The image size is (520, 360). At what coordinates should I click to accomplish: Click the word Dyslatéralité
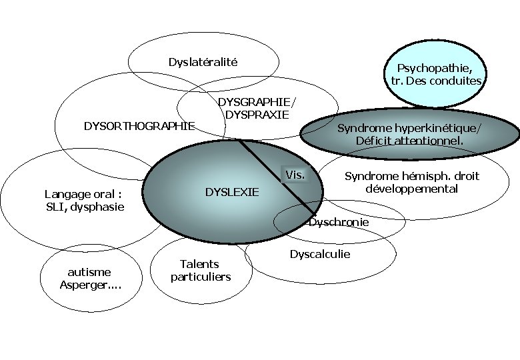(203, 63)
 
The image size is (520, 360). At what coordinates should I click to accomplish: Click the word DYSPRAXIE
(257, 114)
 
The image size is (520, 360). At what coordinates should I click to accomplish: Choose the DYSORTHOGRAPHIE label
(139, 125)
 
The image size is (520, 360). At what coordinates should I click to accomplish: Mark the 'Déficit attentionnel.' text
(409, 141)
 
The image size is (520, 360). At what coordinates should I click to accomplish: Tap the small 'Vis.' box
(295, 175)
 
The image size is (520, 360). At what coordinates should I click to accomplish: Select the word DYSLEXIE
(231, 193)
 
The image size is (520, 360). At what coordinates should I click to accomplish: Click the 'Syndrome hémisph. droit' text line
(411, 177)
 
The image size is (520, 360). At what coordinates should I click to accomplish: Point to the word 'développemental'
(411, 189)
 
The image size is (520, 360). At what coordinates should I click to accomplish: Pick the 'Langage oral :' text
(83, 195)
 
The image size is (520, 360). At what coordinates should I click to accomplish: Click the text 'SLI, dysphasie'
(85, 207)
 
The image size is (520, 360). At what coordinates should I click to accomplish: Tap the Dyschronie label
(339, 222)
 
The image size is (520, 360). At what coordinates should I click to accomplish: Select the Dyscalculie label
(319, 254)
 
